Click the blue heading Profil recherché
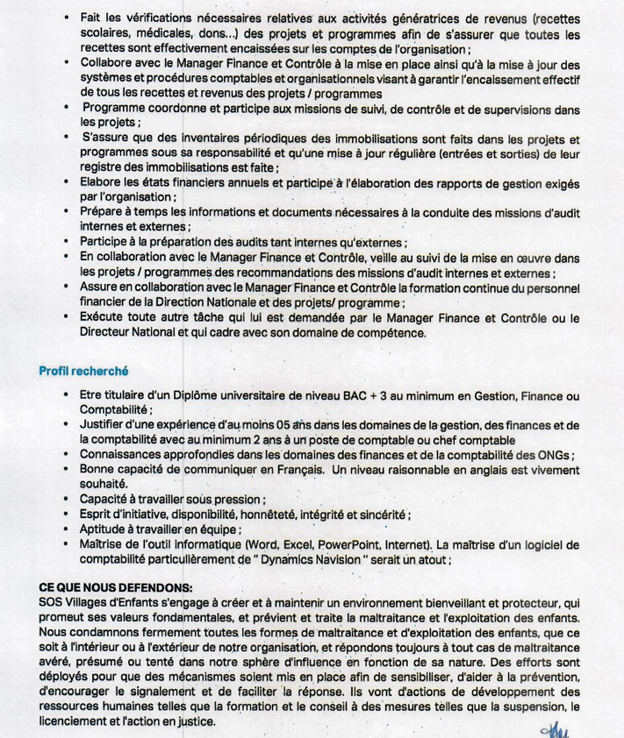(x=83, y=370)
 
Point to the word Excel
(x=278, y=543)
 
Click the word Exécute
(x=105, y=317)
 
